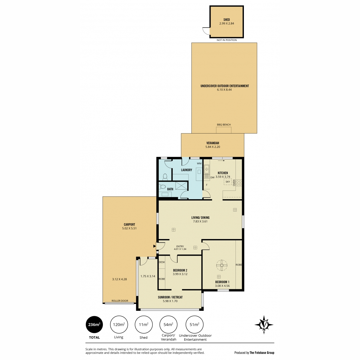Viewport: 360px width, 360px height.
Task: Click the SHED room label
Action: (x=226, y=19)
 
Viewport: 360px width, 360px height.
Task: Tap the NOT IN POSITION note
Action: (x=226, y=40)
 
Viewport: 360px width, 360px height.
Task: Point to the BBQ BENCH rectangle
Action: (x=223, y=130)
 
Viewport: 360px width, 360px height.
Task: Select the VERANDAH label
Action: (x=213, y=143)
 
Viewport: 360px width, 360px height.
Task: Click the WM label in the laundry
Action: (x=199, y=163)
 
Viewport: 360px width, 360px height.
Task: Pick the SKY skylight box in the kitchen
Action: (x=228, y=182)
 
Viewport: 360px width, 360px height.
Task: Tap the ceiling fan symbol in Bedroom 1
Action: (x=222, y=265)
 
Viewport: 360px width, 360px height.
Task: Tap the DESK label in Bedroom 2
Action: (x=162, y=262)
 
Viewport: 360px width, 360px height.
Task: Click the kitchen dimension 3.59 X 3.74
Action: (x=223, y=177)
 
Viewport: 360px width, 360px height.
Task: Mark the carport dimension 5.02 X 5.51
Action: (x=129, y=228)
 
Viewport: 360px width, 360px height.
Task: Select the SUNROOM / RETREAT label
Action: (x=170, y=297)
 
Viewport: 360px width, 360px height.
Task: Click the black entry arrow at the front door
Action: (x=154, y=246)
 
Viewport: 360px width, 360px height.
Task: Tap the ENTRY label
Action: (x=180, y=246)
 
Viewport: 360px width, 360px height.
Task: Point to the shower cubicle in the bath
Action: (x=181, y=185)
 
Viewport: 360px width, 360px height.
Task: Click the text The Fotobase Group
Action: (x=262, y=353)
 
